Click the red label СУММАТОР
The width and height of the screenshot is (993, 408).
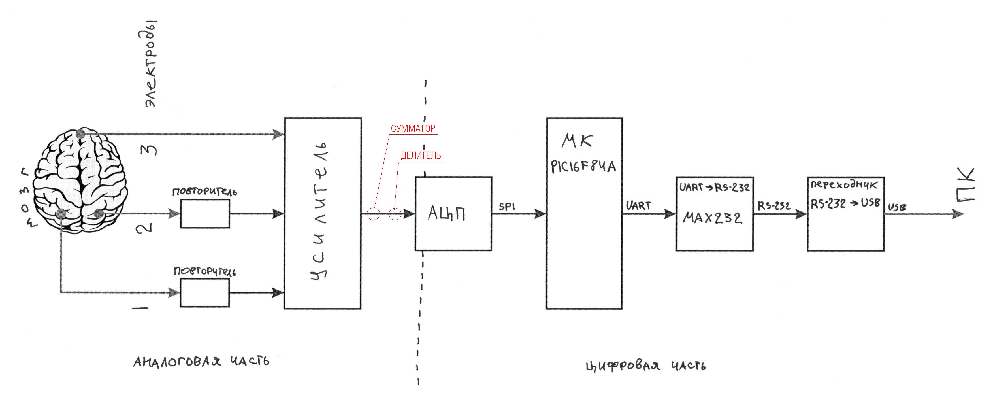413,128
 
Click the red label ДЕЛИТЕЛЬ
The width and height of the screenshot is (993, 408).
421,156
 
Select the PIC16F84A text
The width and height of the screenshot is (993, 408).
583,167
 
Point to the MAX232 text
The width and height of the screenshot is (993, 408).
712,218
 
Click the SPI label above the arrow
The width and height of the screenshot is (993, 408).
507,207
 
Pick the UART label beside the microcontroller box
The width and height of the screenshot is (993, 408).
638,205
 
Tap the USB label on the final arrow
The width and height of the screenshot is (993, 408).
897,207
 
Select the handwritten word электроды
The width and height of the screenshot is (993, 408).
151,64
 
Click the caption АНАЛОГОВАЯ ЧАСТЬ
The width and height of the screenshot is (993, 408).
201,361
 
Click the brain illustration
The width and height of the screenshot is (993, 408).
80,180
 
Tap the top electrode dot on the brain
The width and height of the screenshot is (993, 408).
80,134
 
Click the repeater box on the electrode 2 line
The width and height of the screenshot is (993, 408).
205,214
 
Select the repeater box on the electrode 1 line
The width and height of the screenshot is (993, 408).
205,293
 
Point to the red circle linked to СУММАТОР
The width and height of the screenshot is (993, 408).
373,214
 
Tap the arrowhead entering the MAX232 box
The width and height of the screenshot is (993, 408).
670,214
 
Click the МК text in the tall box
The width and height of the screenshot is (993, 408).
577,141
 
